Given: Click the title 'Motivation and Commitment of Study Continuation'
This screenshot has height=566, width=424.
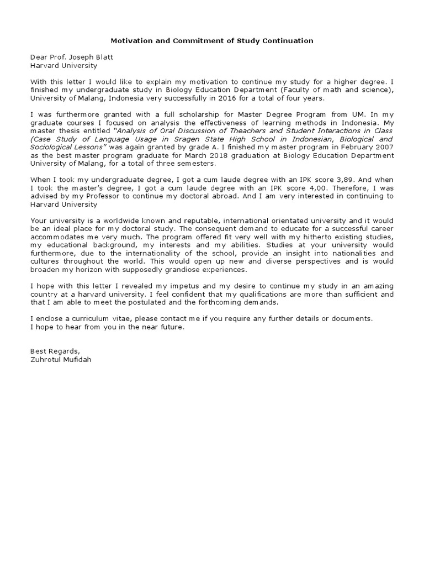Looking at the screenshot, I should click(x=212, y=41).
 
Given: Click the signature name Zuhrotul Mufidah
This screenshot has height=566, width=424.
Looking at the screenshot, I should click(x=61, y=360).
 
